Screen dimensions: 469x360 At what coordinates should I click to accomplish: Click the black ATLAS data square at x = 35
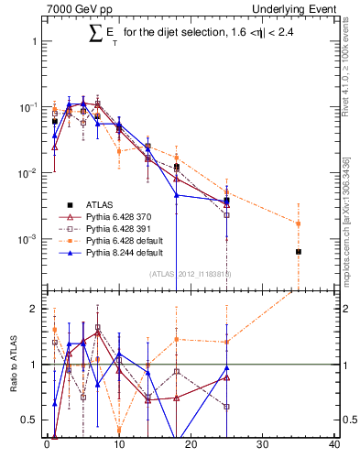pos(299,251)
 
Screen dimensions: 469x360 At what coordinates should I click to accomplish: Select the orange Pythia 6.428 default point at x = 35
pos(299,223)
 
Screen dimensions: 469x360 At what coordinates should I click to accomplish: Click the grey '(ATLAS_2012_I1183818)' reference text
pos(191,273)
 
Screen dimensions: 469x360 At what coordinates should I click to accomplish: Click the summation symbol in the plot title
pos(94,34)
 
